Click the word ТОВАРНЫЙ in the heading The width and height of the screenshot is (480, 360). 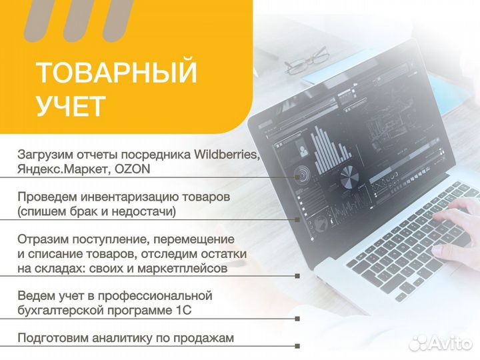click(x=117, y=73)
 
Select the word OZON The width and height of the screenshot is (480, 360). click(x=132, y=169)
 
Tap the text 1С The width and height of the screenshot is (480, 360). click(x=188, y=310)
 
